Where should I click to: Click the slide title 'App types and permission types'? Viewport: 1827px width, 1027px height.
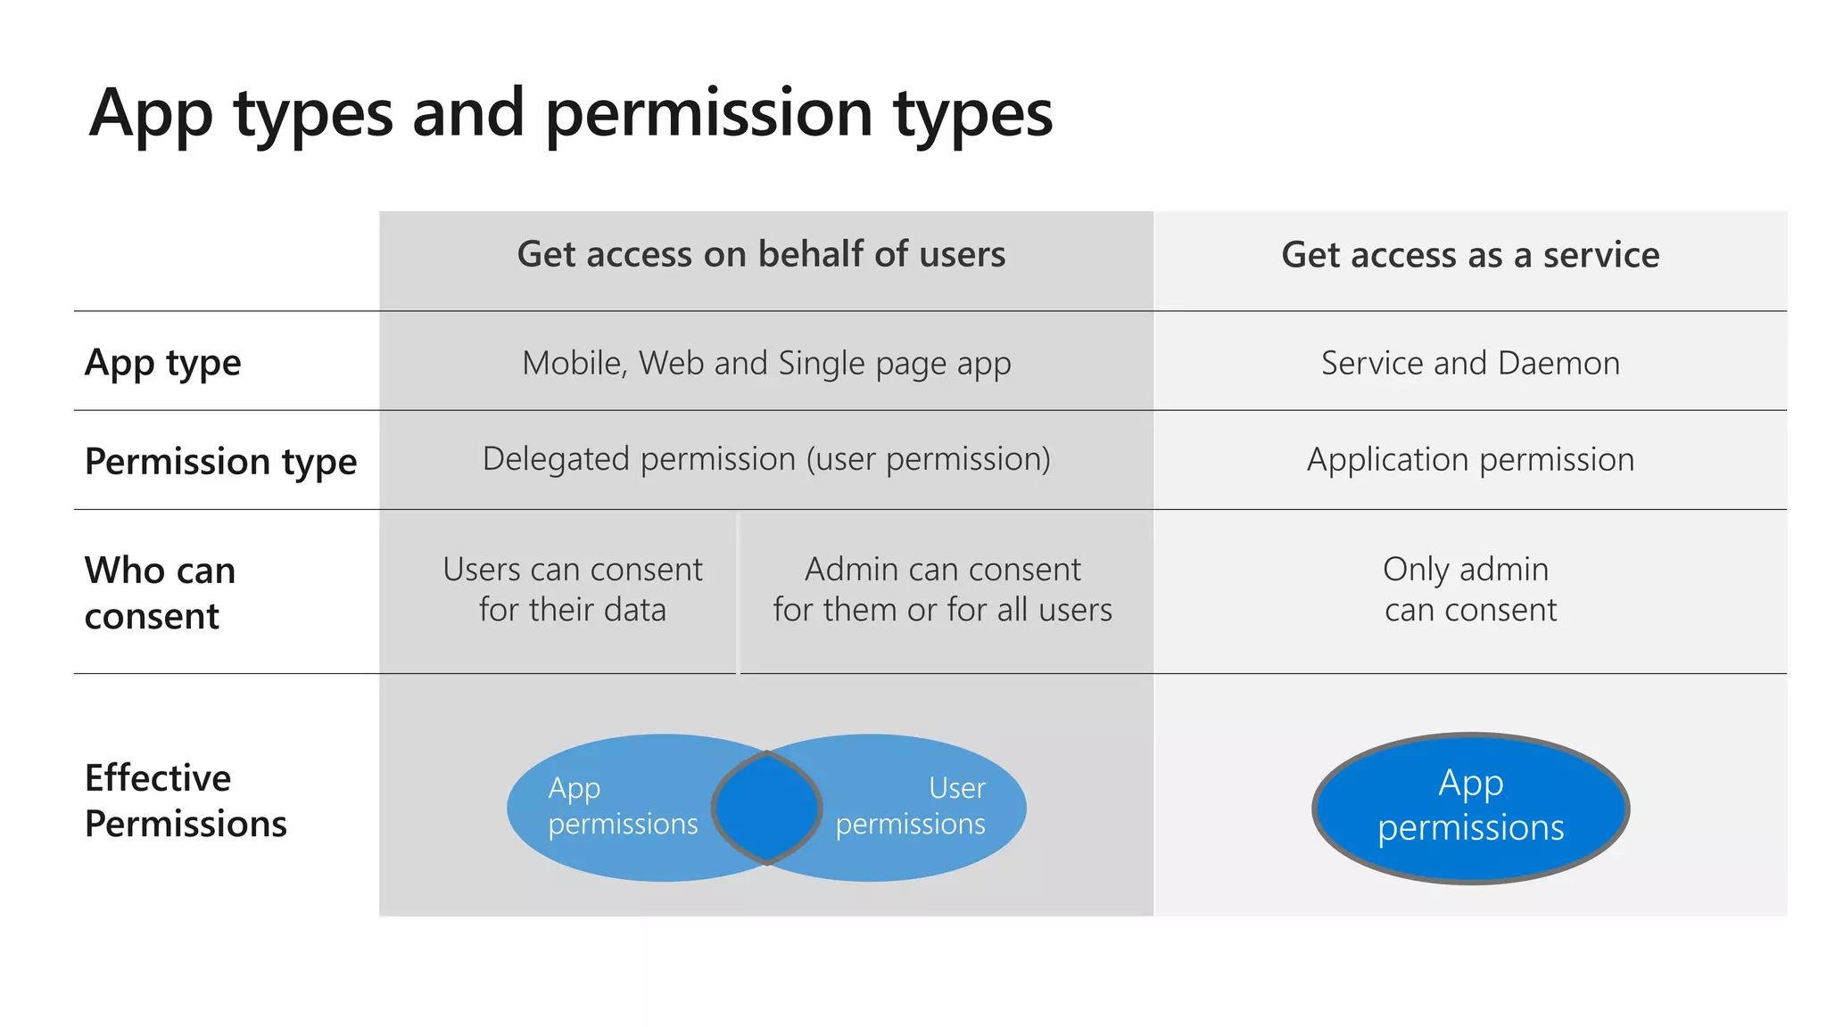coord(571,114)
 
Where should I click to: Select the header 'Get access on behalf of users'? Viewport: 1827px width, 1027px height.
coord(761,255)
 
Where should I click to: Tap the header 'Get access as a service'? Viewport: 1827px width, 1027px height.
coord(1470,256)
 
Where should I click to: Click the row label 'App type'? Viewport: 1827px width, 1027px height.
coord(162,363)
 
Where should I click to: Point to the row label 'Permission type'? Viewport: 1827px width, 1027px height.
coord(220,462)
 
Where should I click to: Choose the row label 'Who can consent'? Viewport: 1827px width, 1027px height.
coord(160,593)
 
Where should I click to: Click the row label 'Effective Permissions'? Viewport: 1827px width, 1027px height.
coord(186,801)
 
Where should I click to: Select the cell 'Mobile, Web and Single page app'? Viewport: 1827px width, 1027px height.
coord(766,364)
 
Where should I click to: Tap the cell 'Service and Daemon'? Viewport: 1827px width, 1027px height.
coord(1470,364)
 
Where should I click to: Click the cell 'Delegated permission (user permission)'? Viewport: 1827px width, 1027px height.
coord(766,460)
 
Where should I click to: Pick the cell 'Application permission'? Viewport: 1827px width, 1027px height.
coord(1470,460)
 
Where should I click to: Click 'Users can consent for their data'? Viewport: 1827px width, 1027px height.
coord(572,589)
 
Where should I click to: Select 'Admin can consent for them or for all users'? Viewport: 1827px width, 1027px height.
coord(942,589)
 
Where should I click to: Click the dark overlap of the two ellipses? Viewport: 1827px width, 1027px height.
coord(766,808)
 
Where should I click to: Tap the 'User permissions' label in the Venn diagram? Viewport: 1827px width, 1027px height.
coord(912,806)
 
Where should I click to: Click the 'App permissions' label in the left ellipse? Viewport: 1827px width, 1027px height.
coord(622,806)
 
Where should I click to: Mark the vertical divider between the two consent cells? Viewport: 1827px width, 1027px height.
coord(738,593)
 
